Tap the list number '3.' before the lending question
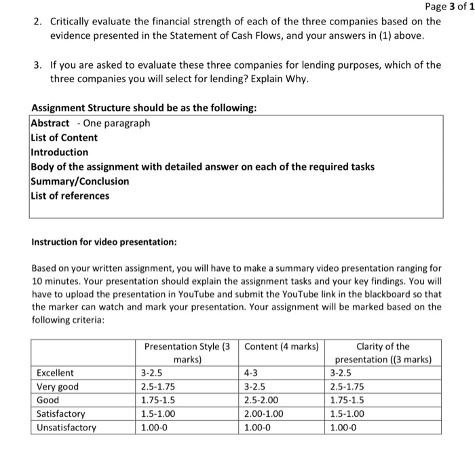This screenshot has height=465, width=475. (x=39, y=65)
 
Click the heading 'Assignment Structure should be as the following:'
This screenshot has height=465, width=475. (x=144, y=109)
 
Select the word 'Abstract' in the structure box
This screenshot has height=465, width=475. (x=50, y=123)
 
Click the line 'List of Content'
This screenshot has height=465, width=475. (x=64, y=138)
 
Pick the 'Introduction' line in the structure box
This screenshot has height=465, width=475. (x=60, y=152)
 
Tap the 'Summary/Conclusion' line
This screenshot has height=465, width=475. (x=80, y=181)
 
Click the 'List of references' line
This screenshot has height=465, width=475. (x=70, y=196)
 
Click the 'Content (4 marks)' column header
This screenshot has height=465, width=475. (x=280, y=347)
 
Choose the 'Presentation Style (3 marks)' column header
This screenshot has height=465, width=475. (x=187, y=352)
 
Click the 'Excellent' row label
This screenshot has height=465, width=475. (x=56, y=373)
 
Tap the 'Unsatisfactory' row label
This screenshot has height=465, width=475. (x=66, y=428)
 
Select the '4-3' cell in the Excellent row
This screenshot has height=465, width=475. (x=252, y=373)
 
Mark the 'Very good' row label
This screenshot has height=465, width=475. (x=58, y=387)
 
